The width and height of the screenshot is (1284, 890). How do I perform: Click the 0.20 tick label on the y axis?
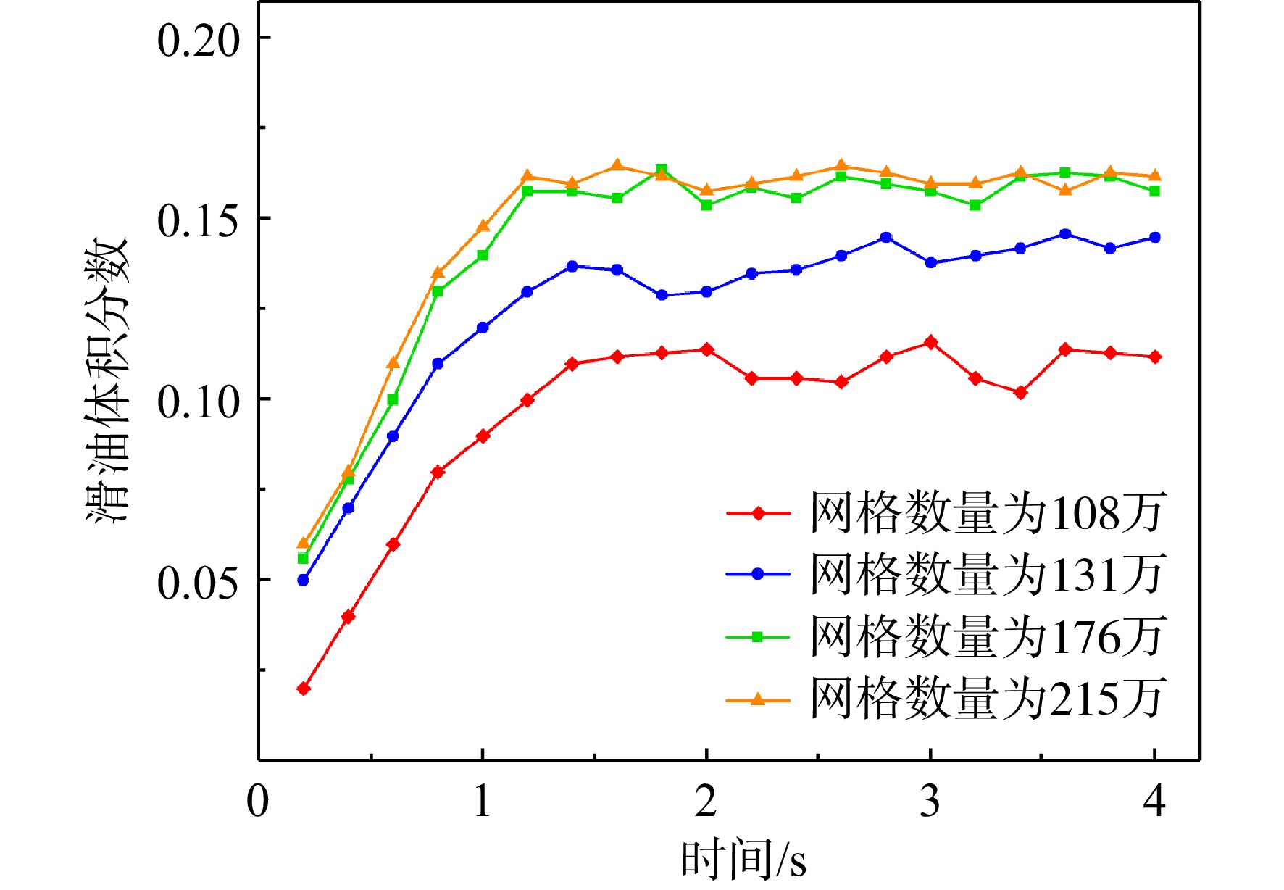[x=198, y=40]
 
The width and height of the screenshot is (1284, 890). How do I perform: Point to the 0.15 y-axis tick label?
[x=198, y=220]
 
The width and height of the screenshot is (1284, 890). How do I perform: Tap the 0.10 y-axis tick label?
[x=198, y=402]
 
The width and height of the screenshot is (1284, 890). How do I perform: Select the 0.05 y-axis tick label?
[x=198, y=582]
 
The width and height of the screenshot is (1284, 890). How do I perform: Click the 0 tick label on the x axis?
[x=258, y=802]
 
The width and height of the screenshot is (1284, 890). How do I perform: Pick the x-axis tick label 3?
[x=930, y=802]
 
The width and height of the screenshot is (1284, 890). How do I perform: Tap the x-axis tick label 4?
[x=1154, y=802]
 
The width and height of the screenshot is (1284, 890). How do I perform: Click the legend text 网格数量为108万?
[x=987, y=513]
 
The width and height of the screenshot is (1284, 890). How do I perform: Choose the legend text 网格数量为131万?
[x=987, y=574]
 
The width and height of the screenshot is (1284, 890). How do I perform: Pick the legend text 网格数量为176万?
[x=987, y=636]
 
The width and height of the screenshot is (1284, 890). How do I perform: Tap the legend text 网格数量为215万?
[x=987, y=699]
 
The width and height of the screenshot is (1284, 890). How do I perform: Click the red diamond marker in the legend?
[x=758, y=513]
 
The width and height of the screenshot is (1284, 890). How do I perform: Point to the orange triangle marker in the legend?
[x=758, y=699]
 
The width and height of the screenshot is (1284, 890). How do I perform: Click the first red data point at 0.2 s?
[x=304, y=689]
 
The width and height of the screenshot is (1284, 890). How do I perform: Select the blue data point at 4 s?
[x=1155, y=238]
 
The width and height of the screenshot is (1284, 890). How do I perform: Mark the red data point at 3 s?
[x=931, y=343]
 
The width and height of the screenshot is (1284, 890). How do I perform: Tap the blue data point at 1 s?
[x=483, y=328]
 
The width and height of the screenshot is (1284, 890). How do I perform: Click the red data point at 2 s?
[x=706, y=350]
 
